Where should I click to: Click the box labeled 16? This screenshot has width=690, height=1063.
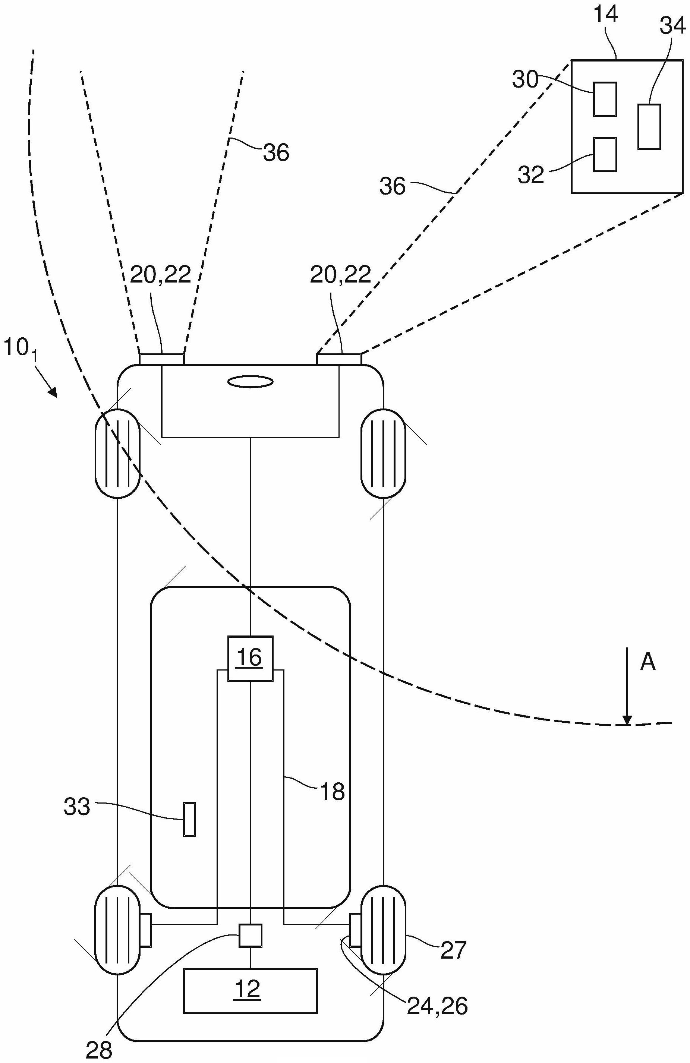click(x=250, y=658)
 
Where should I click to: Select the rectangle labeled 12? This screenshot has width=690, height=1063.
click(x=250, y=990)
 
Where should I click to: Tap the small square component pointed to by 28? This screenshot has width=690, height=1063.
click(x=250, y=935)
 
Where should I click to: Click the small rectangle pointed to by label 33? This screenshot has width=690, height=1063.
click(x=189, y=819)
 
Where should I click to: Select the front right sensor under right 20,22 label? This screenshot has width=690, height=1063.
click(x=338, y=359)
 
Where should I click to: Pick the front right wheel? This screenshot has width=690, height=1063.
click(x=383, y=453)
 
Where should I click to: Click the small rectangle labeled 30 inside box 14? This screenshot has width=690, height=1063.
click(x=605, y=99)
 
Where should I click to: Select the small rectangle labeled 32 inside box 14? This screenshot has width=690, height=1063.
click(x=605, y=155)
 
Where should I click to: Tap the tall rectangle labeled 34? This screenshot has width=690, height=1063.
click(x=649, y=126)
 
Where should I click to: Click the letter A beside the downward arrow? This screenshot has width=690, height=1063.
click(x=648, y=662)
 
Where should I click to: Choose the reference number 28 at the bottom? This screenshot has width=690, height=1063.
click(x=99, y=1050)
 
